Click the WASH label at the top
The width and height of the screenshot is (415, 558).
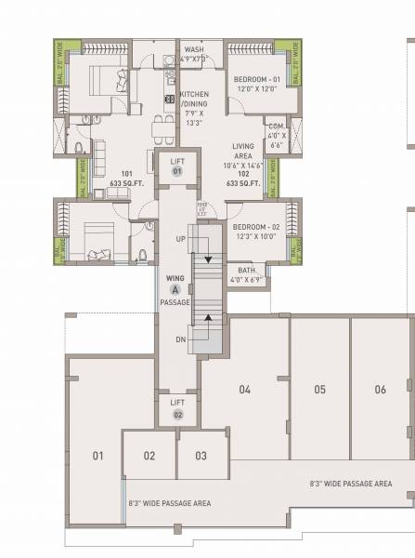point(194,49)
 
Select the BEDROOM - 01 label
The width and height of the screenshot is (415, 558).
point(253,79)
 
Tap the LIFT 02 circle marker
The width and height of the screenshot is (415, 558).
point(177,414)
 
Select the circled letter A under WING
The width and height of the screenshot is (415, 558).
point(174,289)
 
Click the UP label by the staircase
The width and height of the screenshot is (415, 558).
point(182,239)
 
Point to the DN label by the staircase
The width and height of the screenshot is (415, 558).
point(182,339)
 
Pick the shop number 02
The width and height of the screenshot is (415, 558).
point(149,456)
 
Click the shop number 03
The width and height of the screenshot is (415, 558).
point(198,456)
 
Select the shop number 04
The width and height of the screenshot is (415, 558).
point(245,390)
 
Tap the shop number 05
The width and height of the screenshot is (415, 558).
point(318,390)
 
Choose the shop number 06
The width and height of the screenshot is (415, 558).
point(380,390)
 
